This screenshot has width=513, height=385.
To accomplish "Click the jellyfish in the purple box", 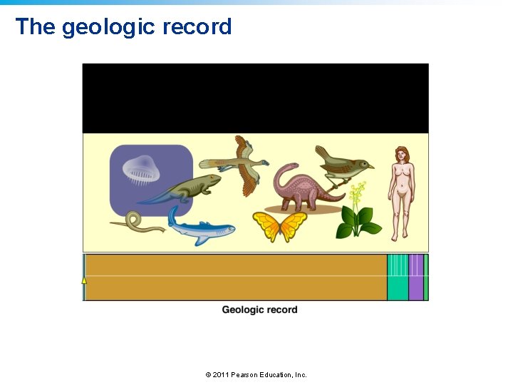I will click(142, 170).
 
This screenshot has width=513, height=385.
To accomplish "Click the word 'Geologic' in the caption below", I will click(243, 309).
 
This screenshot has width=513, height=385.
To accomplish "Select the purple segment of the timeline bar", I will click(415, 277).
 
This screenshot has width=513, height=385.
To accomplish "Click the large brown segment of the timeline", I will click(235, 277).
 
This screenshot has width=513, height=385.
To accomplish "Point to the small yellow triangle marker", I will click(84, 280).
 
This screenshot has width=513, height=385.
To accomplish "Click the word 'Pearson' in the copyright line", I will click(245, 374).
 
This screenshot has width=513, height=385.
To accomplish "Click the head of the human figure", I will click(403, 153).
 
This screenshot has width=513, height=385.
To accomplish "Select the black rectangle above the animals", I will click(255, 98).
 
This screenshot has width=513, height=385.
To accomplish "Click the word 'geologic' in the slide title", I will click(108, 27).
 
